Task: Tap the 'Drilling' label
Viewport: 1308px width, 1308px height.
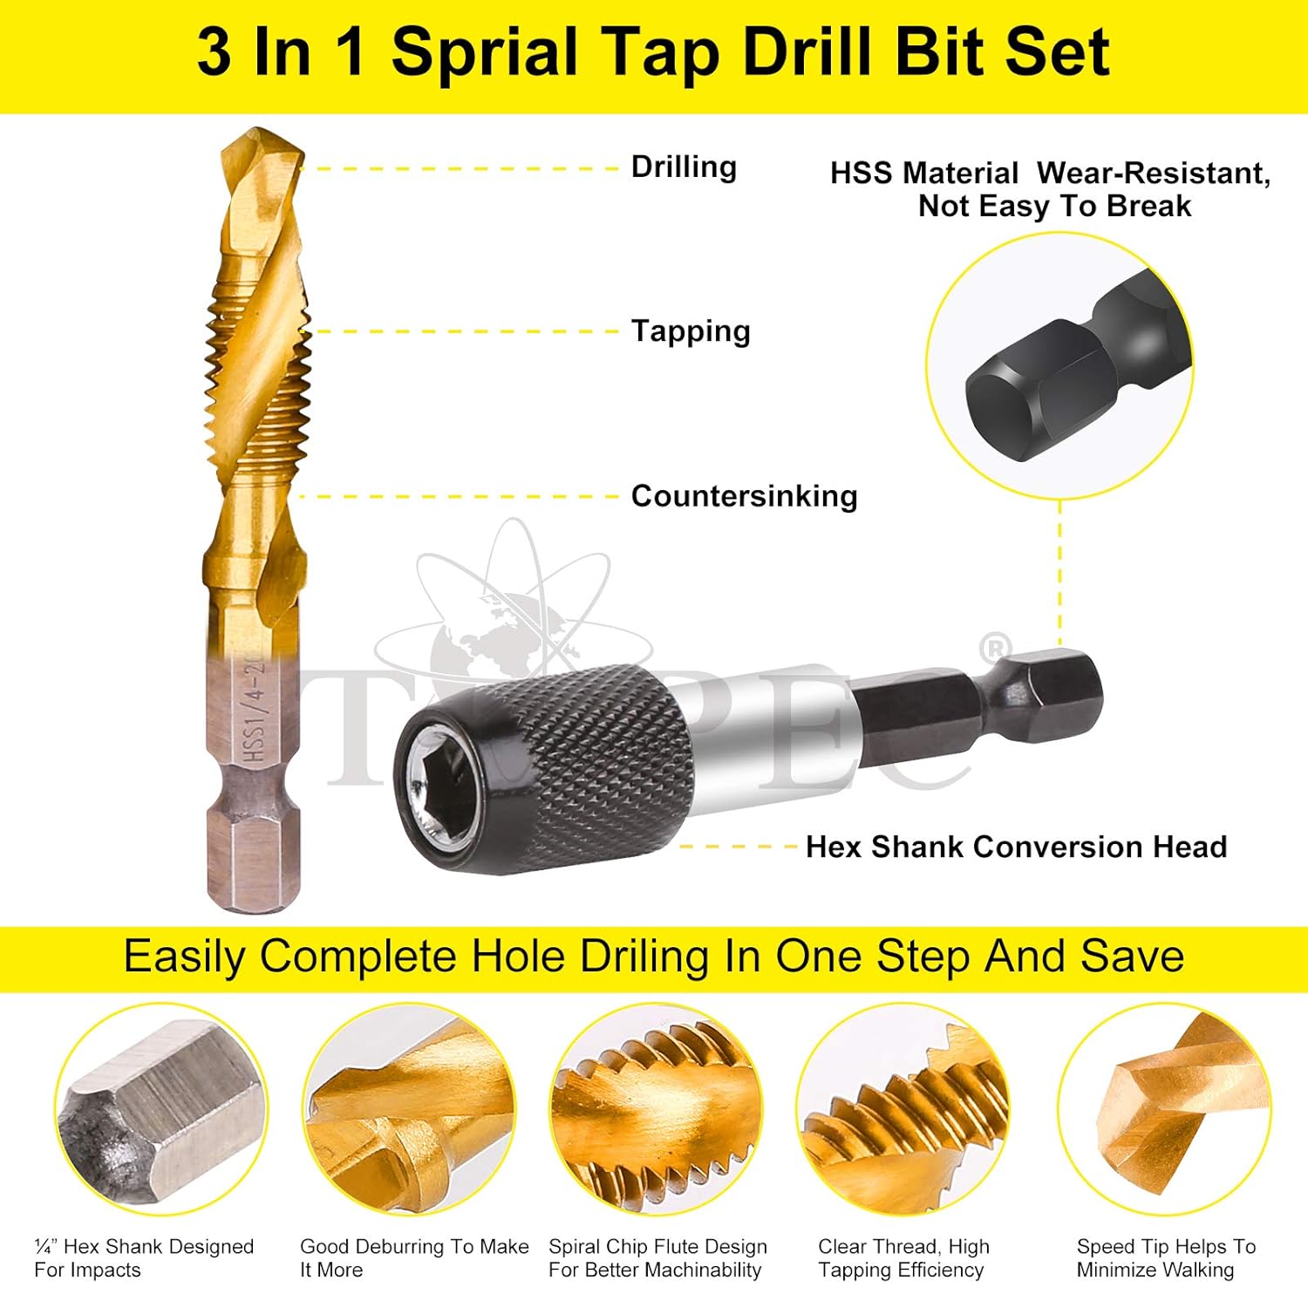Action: click(684, 167)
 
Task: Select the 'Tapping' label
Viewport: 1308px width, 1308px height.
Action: click(691, 331)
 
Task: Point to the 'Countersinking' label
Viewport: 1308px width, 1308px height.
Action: click(744, 496)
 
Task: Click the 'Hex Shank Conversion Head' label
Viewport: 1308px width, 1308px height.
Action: click(1016, 847)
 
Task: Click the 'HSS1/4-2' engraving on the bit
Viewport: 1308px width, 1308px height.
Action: click(254, 711)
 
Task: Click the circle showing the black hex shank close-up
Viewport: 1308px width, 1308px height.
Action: click(1059, 366)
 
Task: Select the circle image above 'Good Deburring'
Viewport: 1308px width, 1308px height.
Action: click(409, 1109)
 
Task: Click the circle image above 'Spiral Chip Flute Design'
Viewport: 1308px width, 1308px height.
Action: click(656, 1109)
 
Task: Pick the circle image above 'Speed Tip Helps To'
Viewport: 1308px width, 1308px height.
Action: click(1163, 1109)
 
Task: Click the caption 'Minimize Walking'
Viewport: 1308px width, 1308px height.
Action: click(1155, 1270)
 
